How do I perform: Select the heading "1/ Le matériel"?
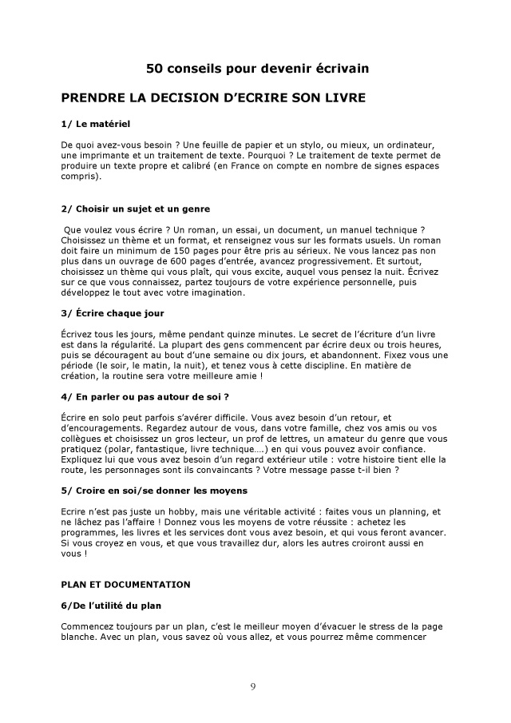coord(95,125)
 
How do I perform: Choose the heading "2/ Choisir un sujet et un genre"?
coord(135,209)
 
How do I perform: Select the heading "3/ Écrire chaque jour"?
coord(112,313)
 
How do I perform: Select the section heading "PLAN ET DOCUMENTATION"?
coord(125,583)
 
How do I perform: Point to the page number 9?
coord(253,687)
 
